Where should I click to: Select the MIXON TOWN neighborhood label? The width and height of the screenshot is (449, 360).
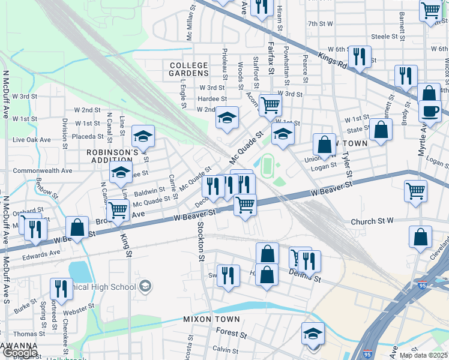(x=211, y=319)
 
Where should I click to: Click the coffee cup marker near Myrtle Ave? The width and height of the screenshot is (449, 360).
(x=429, y=111)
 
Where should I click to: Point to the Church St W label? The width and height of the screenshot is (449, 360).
(x=372, y=220)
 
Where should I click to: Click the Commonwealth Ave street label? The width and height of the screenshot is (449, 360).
(x=43, y=170)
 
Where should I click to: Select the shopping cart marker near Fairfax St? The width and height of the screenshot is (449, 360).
(x=271, y=105)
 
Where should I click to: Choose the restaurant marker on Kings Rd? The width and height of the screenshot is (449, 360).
(x=360, y=56)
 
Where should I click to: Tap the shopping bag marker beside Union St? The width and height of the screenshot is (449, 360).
(x=324, y=144)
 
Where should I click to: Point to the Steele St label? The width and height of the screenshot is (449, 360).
(x=385, y=37)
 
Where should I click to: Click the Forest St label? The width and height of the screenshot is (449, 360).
(x=227, y=331)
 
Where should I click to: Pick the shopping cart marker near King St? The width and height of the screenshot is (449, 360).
(x=118, y=211)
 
